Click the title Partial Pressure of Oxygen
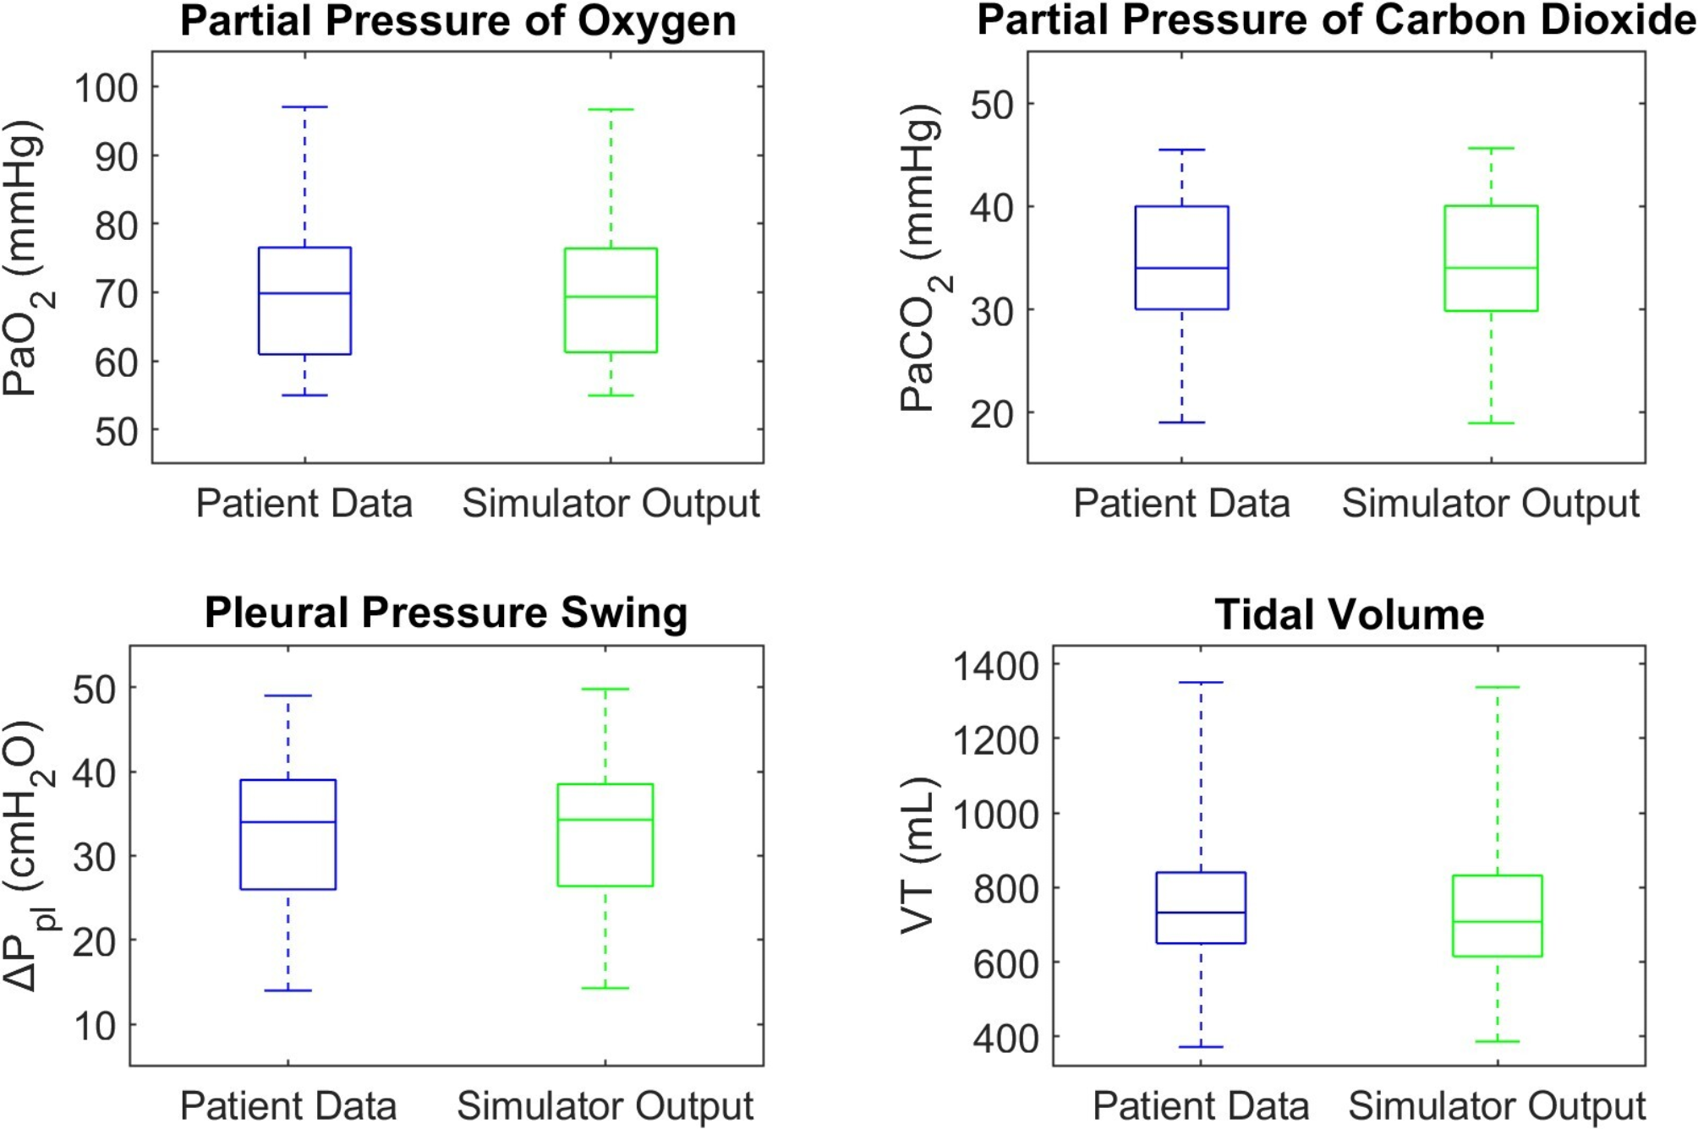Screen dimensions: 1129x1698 (x=457, y=21)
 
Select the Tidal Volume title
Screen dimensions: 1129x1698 (x=1349, y=614)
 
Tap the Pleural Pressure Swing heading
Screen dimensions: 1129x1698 (x=446, y=613)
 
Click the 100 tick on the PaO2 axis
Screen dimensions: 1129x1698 (x=106, y=88)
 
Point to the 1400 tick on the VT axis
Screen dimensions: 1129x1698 (x=995, y=666)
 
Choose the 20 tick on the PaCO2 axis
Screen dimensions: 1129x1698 (x=992, y=414)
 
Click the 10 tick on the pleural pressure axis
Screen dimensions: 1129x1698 (x=94, y=1026)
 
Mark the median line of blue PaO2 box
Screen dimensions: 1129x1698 (x=304, y=293)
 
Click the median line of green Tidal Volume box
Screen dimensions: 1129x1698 (x=1497, y=922)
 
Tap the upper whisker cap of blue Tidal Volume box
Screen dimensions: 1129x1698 (x=1201, y=682)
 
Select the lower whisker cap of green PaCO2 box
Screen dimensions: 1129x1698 (x=1491, y=423)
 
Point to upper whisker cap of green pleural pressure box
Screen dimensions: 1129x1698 (x=605, y=690)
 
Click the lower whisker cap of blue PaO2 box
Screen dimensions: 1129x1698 (x=304, y=395)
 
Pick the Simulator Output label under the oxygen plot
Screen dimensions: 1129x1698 (x=611, y=504)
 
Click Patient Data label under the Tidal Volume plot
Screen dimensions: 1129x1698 (x=1201, y=1105)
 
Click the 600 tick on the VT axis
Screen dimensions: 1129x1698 (x=1005, y=963)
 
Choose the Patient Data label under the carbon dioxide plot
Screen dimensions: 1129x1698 (x=1181, y=504)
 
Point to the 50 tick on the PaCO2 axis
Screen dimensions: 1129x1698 (x=992, y=106)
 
